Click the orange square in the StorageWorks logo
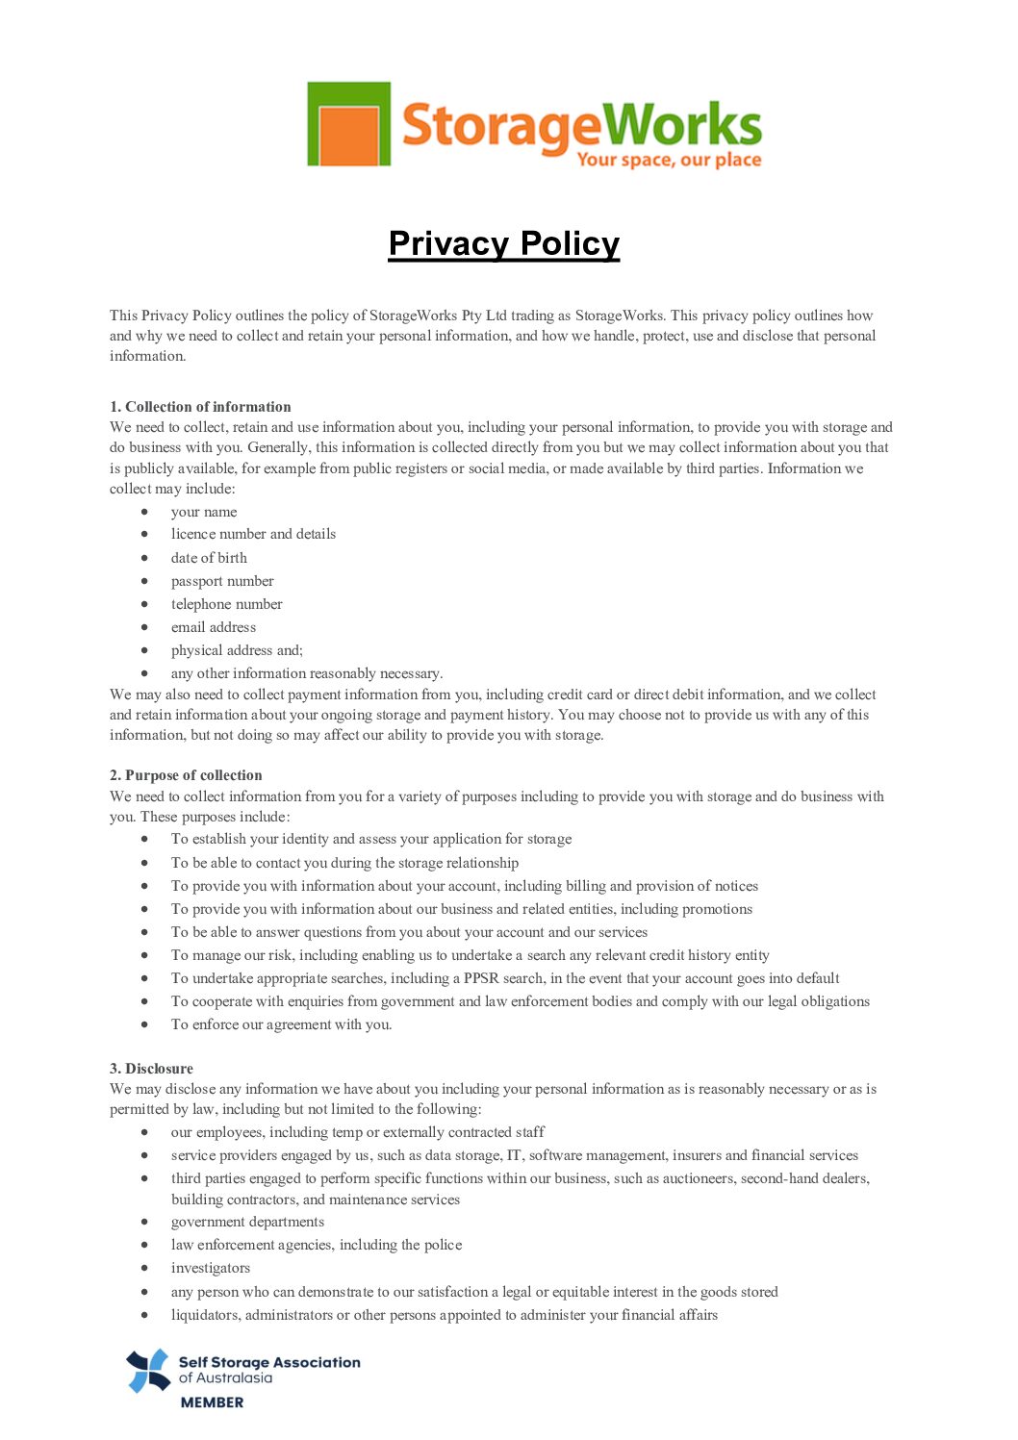(348, 135)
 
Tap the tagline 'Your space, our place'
(669, 160)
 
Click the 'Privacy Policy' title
(504, 243)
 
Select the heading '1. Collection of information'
(200, 407)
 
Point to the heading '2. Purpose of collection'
(186, 775)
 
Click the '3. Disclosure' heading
(151, 1069)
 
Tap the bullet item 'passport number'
(222, 581)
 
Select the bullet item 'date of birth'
(209, 558)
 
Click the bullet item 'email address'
(214, 627)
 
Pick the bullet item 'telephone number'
(227, 604)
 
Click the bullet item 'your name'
(204, 512)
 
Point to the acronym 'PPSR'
(481, 978)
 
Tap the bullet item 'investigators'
(211, 1268)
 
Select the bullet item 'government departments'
(247, 1222)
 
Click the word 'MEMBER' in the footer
(212, 1402)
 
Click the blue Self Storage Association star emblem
(148, 1371)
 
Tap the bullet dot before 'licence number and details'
(144, 534)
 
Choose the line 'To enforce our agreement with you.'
(281, 1024)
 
